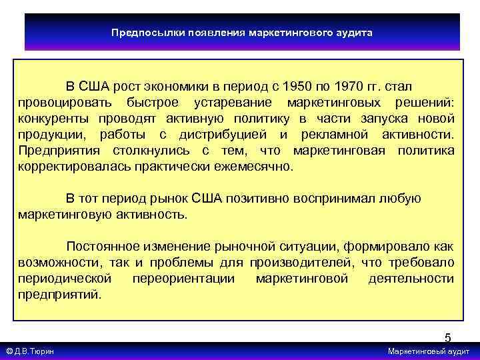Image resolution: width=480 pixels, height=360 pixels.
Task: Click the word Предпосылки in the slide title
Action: click(139, 32)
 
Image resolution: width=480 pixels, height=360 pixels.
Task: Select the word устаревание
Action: click(232, 103)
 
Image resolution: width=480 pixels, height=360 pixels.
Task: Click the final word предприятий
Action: click(60, 295)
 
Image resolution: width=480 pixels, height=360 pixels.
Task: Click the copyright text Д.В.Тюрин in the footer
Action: click(33, 351)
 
